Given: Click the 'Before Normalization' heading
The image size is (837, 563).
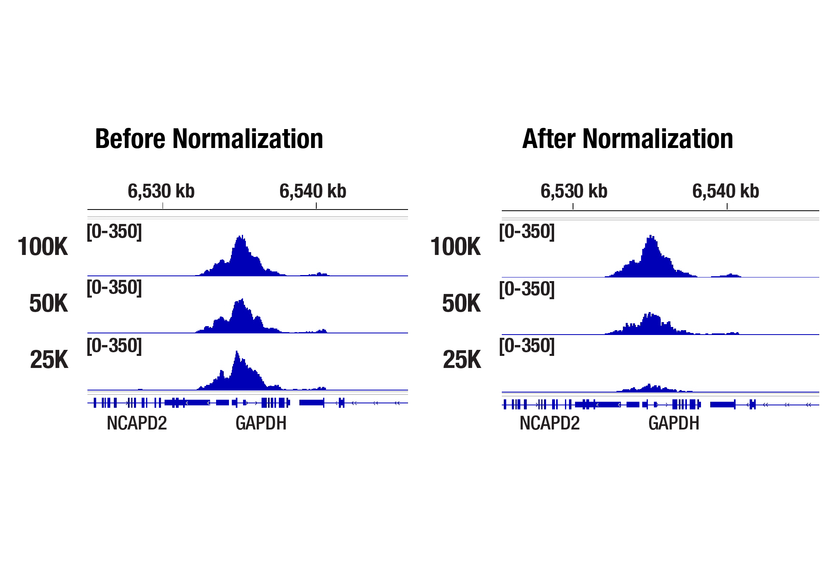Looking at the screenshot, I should pyautogui.click(x=209, y=139).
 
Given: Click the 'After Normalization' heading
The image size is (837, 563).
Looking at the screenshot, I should pyautogui.click(x=627, y=139).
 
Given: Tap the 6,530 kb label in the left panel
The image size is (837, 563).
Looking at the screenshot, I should pyautogui.click(x=161, y=191).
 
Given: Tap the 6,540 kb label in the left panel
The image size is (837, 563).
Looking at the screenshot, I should pyautogui.click(x=313, y=191).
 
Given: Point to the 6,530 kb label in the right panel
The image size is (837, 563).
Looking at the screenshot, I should pyautogui.click(x=574, y=191).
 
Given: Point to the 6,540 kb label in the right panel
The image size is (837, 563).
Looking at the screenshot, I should pyautogui.click(x=726, y=191).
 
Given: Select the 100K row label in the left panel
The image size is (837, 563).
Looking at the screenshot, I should pyautogui.click(x=43, y=247).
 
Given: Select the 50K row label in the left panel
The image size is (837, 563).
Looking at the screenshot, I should pyautogui.click(x=48, y=303).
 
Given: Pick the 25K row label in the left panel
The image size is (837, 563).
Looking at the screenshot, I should pyautogui.click(x=49, y=360).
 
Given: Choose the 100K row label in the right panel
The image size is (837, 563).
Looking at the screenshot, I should pyautogui.click(x=456, y=247).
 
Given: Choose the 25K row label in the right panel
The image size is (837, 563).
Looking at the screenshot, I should pyautogui.click(x=462, y=360).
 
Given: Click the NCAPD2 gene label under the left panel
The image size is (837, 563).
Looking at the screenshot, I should pyautogui.click(x=137, y=423).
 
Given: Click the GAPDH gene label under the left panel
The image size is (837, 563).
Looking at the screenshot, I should pyautogui.click(x=261, y=423).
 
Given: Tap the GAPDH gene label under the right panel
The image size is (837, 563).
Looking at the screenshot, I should pyautogui.click(x=674, y=423).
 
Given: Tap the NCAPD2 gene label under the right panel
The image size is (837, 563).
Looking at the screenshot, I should pyautogui.click(x=550, y=423).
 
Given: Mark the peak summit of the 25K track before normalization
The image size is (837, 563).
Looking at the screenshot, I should pyautogui.click(x=237, y=352).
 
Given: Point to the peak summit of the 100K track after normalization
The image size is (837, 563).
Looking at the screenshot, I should pyautogui.click(x=651, y=236).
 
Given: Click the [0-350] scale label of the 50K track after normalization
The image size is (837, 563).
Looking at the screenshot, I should pyautogui.click(x=527, y=289).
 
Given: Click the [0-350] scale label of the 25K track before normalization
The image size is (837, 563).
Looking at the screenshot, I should pyautogui.click(x=114, y=346).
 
